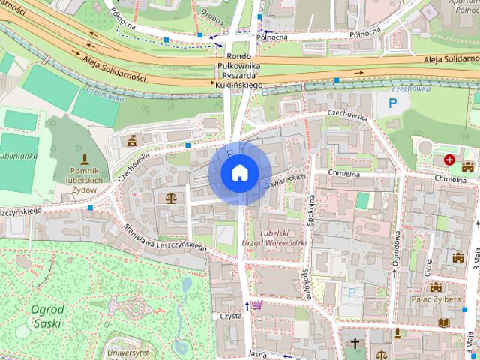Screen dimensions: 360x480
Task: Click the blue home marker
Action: (x=239, y=172)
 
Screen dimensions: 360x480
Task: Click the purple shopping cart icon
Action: (x=257, y=304)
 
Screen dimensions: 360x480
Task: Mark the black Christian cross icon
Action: (x=355, y=343)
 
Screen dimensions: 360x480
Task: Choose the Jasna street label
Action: (x=257, y=354)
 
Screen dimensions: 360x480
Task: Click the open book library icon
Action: (x=443, y=322)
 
